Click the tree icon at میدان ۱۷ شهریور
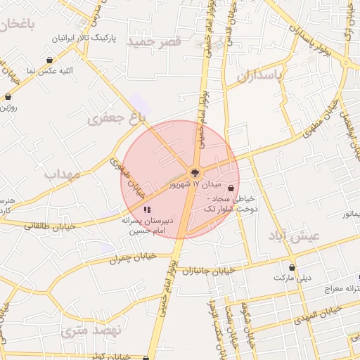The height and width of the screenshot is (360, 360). pyautogui.click(x=195, y=173)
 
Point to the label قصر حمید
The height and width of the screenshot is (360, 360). pyautogui.click(x=154, y=41)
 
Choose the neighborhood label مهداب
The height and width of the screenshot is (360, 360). pyautogui.click(x=62, y=174)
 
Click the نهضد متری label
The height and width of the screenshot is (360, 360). pyautogui.click(x=91, y=330)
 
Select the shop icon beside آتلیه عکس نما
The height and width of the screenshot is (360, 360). pyautogui.click(x=50, y=60)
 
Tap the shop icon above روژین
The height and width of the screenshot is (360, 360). pyautogui.click(x=8, y=96)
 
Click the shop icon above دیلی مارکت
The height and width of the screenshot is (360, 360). pyautogui.click(x=292, y=267)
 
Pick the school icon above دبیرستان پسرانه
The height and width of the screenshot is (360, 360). pyautogui.click(x=147, y=209)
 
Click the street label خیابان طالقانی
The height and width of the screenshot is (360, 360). pyautogui.click(x=46, y=226)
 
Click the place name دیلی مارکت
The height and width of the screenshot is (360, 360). pyautogui.click(x=292, y=278)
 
